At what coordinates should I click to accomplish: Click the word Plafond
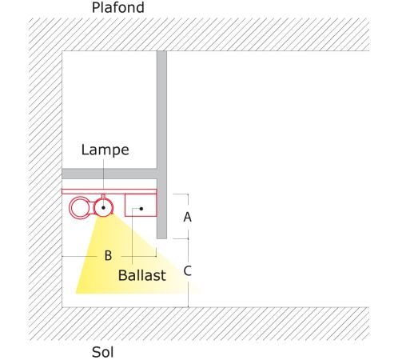coord(117,7)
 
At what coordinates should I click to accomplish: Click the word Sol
coord(102,352)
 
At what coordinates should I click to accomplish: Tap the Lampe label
coord(105,150)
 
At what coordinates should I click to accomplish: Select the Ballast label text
coord(142,275)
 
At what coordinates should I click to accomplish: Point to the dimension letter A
coord(187,217)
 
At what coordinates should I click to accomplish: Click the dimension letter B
coord(108,255)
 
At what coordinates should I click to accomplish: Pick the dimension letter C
coord(187,271)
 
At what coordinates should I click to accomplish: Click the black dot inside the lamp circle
coord(103,207)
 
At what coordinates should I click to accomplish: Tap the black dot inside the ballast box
coord(141,209)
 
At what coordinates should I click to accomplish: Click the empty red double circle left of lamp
coord(70,208)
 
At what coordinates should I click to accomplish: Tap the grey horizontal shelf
coord(109,174)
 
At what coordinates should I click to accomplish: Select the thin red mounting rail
coord(109,191)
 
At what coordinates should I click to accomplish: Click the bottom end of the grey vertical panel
coord(161,238)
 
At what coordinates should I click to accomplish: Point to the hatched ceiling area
coord(199,34)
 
